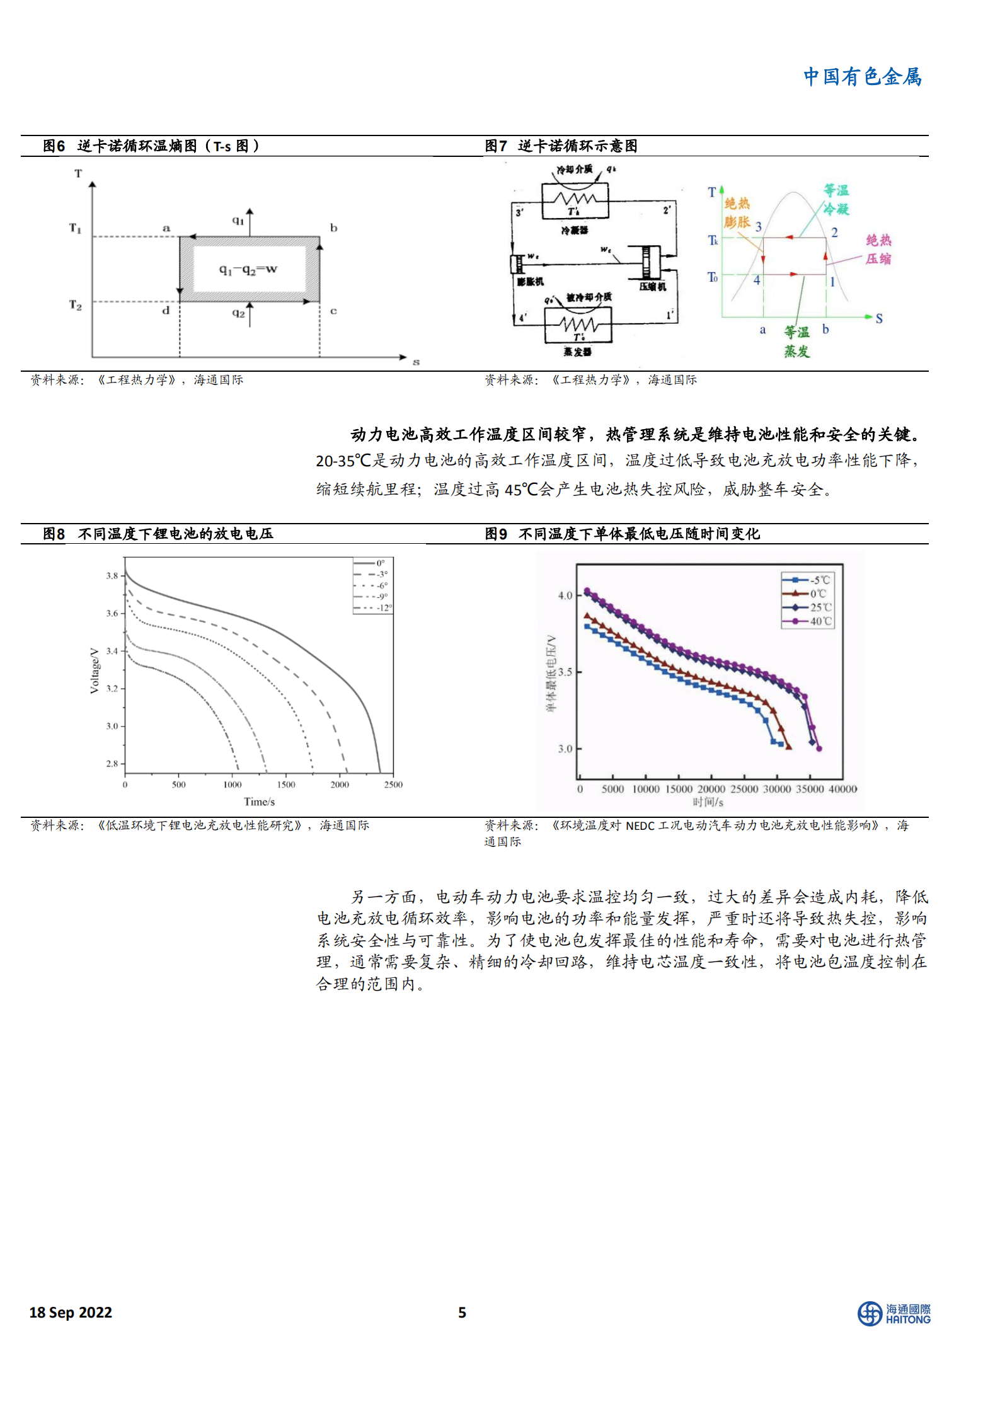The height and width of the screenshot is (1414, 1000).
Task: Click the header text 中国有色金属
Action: tap(861, 77)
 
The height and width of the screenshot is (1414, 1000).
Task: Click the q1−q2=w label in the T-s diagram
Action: tap(248, 270)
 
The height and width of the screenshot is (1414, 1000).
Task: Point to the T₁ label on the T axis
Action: tap(76, 228)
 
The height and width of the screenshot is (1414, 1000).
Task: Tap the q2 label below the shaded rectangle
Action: tap(238, 313)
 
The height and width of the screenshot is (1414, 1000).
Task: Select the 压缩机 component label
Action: tap(652, 287)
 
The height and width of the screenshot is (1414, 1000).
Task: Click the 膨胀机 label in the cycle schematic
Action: tap(530, 282)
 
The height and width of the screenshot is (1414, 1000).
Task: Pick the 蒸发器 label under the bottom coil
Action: tap(577, 352)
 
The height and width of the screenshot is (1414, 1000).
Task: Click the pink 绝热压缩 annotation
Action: tap(878, 250)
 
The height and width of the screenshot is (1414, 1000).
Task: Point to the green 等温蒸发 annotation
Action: tap(796, 342)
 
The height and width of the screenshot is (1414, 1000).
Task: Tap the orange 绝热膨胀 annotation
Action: tap(737, 213)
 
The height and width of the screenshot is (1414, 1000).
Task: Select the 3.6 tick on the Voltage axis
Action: tap(112, 613)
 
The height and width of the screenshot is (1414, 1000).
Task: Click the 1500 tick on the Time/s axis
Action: tap(286, 785)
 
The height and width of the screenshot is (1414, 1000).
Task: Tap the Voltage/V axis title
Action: tap(95, 670)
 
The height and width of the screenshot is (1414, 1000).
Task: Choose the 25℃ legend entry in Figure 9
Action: tap(820, 607)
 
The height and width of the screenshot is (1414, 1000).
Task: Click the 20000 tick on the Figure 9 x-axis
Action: tap(711, 789)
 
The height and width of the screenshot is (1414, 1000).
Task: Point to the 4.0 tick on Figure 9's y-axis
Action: tap(565, 595)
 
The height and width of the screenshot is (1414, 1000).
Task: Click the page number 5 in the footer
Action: tap(462, 1312)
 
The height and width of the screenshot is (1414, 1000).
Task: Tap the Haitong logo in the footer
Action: tap(894, 1313)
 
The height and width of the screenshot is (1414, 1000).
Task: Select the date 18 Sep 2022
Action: tap(71, 1312)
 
